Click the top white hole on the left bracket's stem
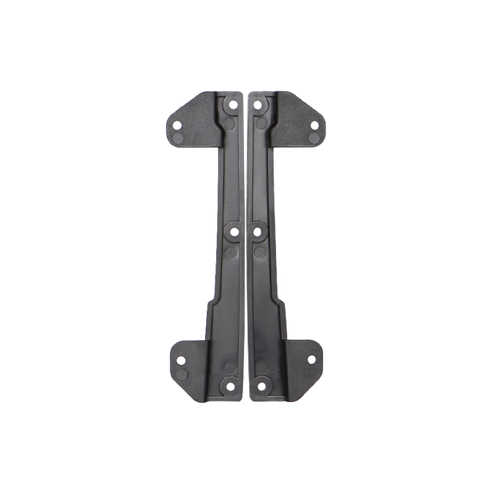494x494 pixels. (x=233, y=105)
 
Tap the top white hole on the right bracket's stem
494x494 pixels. (x=257, y=105)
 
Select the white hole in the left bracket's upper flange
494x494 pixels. (x=177, y=125)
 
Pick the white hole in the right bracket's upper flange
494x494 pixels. (x=314, y=125)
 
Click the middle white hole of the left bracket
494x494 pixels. (x=235, y=232)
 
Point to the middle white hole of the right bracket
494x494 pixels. (x=257, y=232)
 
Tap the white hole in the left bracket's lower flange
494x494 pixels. (x=181, y=360)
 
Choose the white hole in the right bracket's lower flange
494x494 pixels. (x=311, y=359)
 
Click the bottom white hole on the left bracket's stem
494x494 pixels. (x=230, y=387)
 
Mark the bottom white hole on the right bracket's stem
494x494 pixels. (x=261, y=387)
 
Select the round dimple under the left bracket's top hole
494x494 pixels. (x=229, y=124)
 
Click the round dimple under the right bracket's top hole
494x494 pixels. (x=262, y=124)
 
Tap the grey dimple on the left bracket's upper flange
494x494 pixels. (x=176, y=138)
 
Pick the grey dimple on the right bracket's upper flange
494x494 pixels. (x=315, y=138)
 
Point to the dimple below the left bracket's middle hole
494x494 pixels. (x=230, y=252)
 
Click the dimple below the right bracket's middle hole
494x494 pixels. (x=261, y=252)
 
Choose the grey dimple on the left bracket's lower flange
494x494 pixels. (x=182, y=375)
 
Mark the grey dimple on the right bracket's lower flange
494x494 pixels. (x=311, y=374)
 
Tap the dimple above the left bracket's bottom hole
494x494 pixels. (x=230, y=367)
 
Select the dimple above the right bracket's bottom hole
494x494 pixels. (x=262, y=367)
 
